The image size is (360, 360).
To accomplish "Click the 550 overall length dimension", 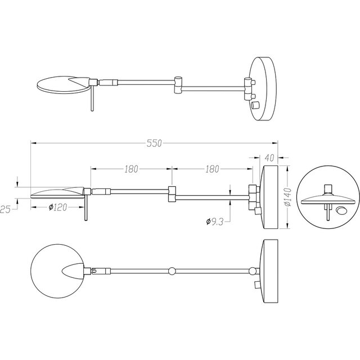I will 154,143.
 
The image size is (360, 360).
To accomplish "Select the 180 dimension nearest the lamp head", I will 132,169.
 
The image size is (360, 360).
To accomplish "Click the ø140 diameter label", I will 286,197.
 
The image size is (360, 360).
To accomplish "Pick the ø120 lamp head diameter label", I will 57,208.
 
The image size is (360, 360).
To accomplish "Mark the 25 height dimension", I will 6,209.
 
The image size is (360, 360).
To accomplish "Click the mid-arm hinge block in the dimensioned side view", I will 173,192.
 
